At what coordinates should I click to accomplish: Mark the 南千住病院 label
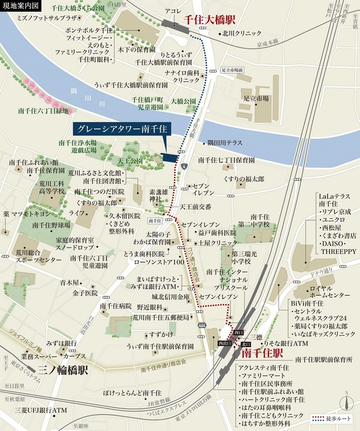(116, 305)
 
